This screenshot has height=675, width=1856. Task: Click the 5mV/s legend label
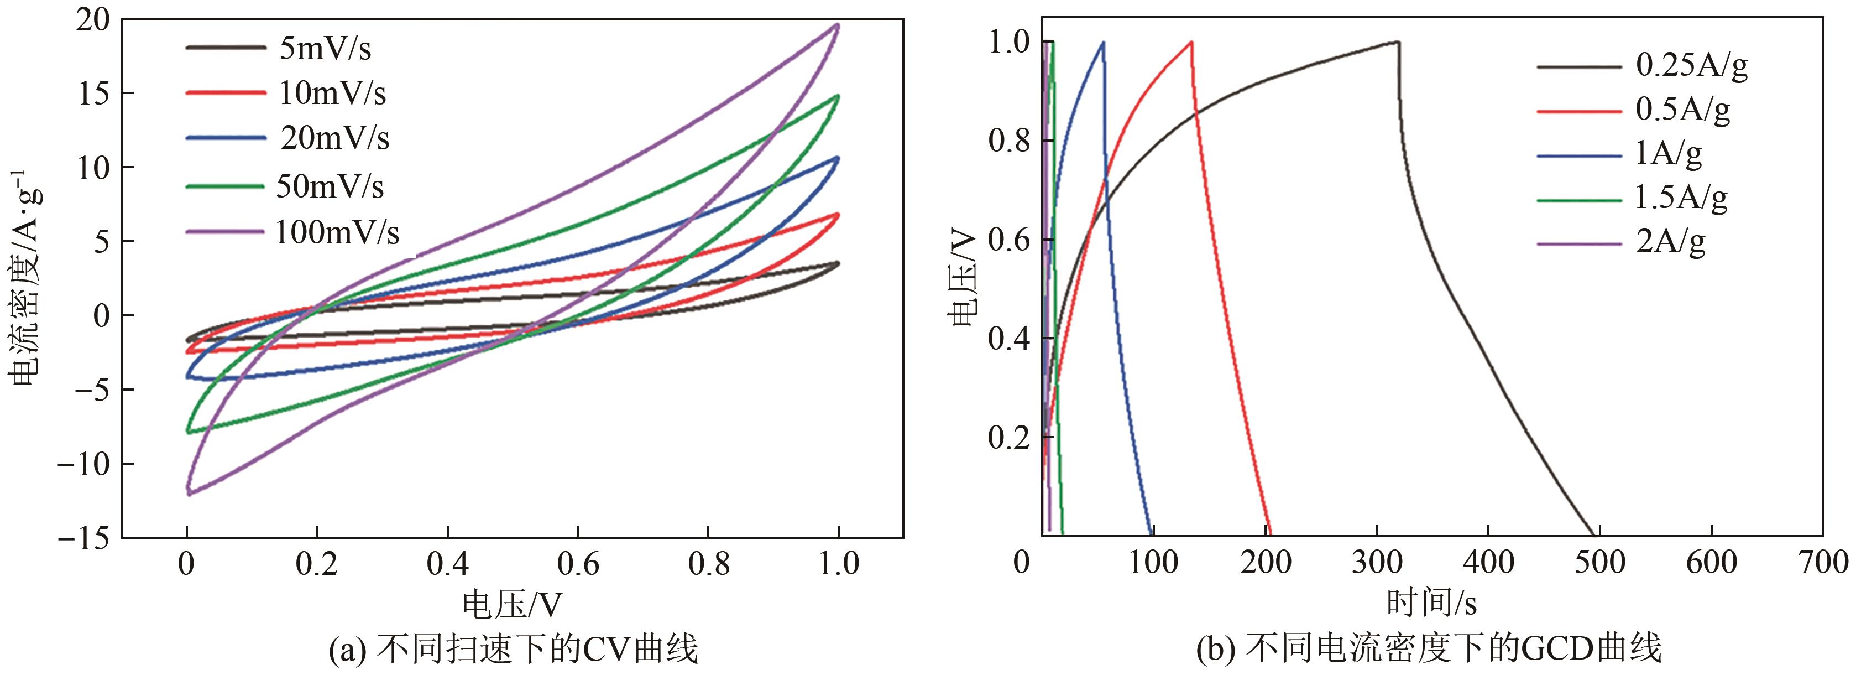coord(325,50)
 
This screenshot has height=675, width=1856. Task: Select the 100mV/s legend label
coord(337,233)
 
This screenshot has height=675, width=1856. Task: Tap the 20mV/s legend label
coord(335,138)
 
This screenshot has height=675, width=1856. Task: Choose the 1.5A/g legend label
coord(1681,197)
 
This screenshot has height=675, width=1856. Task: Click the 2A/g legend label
coord(1671,242)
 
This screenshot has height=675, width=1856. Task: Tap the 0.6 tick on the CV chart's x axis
coord(578,563)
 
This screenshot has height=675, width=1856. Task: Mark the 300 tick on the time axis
coord(1376,562)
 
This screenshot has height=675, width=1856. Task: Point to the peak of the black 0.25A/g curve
coord(1397,42)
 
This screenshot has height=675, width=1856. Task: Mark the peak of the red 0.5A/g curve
coord(1191,42)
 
